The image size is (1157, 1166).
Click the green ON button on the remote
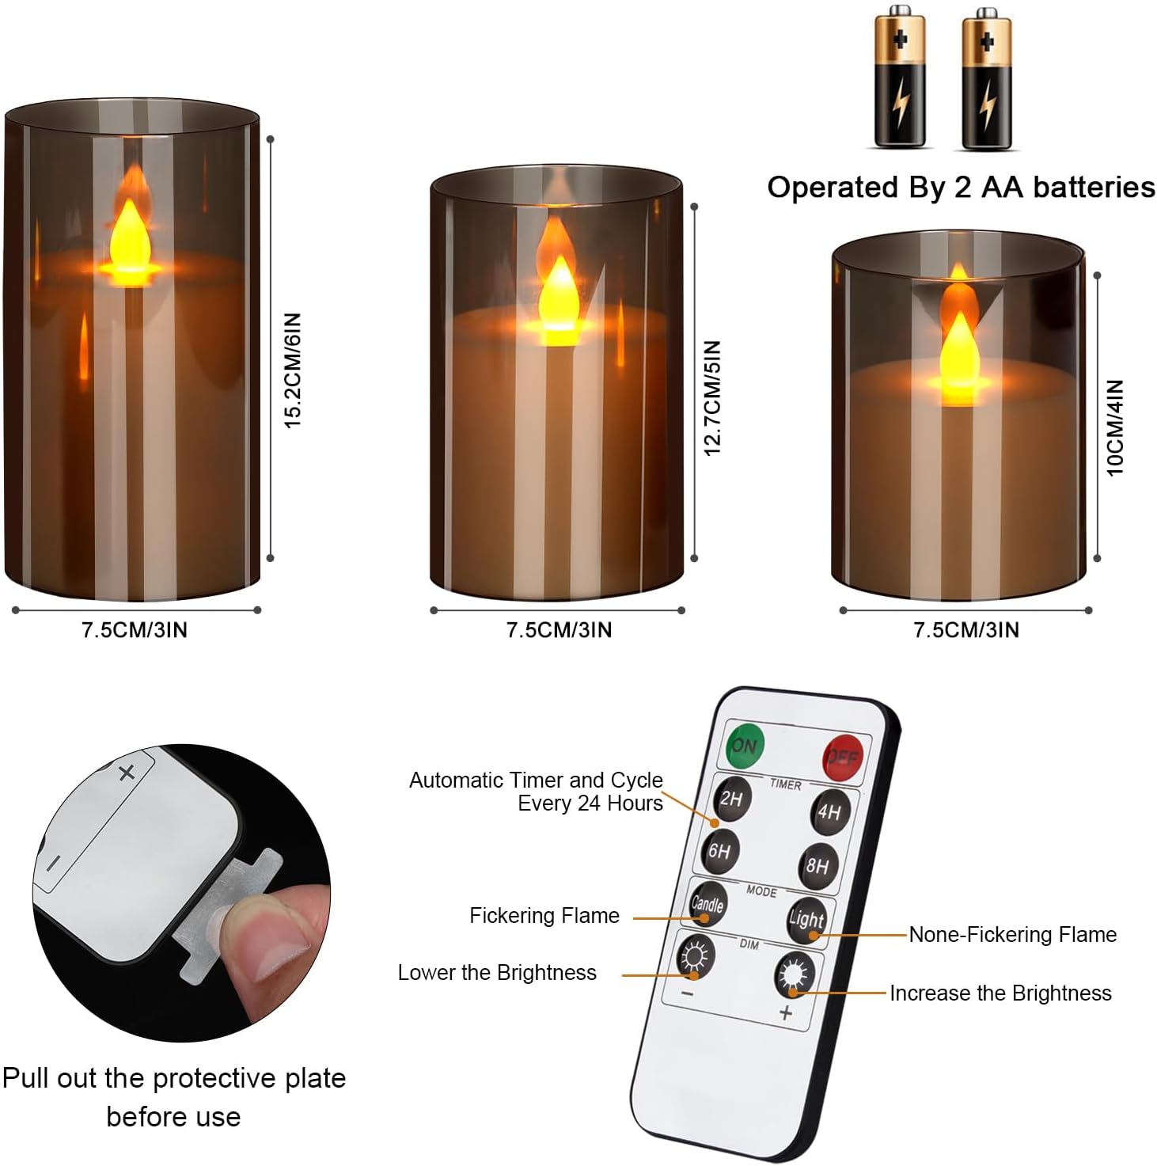click(x=745, y=745)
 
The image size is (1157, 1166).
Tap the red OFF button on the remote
click(x=842, y=757)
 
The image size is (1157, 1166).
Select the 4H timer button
click(x=829, y=811)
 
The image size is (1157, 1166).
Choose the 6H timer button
click(x=720, y=851)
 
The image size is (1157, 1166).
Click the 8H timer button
click(x=817, y=865)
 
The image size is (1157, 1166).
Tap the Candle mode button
click(x=707, y=903)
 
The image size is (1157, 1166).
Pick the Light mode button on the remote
click(x=806, y=919)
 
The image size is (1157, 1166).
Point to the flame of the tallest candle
click(x=130, y=237)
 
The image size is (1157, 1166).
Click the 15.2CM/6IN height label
click(x=294, y=370)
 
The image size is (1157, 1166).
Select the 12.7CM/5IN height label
click(x=712, y=398)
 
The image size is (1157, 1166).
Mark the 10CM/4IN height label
click(x=1115, y=427)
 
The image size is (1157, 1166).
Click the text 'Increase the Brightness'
click(x=1000, y=993)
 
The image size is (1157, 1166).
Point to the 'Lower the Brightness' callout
click(x=497, y=972)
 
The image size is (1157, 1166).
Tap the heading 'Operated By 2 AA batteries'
click(x=961, y=187)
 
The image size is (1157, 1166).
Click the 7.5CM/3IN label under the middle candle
click(x=559, y=630)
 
